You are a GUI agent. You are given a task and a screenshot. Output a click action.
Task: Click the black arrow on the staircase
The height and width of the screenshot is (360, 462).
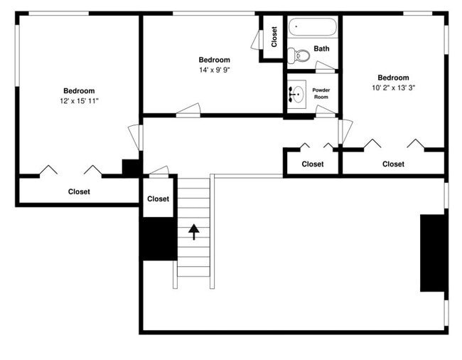coord(193,230)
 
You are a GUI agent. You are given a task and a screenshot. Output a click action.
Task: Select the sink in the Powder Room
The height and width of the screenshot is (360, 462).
coord(297,93)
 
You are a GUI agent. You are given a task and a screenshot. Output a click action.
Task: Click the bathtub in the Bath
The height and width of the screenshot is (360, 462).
coord(313,29)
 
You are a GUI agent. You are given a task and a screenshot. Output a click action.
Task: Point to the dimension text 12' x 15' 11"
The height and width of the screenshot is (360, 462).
coord(79,102)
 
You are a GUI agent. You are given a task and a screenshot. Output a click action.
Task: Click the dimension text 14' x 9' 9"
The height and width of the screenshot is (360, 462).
coord(214,70)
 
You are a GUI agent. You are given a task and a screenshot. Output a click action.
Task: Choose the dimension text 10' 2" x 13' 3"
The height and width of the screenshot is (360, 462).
coord(393,88)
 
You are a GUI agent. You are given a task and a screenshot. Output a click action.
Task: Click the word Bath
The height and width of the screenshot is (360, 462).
coord(322,49)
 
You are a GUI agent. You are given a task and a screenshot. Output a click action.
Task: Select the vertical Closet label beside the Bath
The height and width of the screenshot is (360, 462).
coord(274,37)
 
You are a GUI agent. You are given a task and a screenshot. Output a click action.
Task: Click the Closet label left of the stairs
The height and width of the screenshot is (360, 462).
coord(158,199)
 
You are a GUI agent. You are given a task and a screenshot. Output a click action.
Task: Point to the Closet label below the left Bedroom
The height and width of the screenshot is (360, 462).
coord(79,191)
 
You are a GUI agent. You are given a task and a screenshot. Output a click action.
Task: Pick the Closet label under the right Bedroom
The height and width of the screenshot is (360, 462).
coord(393,164)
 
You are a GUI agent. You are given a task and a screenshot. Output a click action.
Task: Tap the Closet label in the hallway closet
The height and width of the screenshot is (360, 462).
coord(312,164)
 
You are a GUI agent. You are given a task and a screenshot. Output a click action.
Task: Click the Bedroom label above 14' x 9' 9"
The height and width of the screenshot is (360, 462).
coord(214,60)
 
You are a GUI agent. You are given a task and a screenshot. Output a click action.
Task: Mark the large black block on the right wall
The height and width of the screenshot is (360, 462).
coord(433,253)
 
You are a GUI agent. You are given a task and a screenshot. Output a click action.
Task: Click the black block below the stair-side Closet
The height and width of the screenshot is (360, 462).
coord(157,238)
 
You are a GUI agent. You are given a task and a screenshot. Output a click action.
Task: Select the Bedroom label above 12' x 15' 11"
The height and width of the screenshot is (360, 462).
coord(79,91)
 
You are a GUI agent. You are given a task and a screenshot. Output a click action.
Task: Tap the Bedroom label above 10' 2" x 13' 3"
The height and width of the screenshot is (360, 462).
coord(393,78)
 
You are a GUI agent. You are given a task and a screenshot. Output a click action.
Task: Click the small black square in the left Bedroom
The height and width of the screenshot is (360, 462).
coord(131,168)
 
